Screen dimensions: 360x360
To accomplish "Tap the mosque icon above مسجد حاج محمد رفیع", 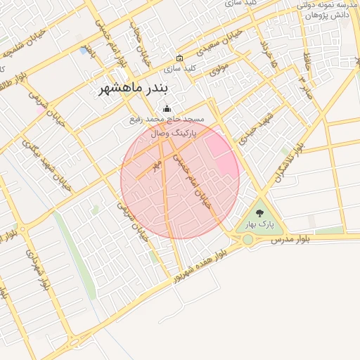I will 167,108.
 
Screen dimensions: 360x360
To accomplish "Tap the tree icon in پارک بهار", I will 259,213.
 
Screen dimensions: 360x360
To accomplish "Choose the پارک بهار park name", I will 258,225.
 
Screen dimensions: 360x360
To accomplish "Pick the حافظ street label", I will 308,65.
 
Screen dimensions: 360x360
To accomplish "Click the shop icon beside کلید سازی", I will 179,58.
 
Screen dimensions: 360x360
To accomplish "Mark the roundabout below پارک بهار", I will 247,240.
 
